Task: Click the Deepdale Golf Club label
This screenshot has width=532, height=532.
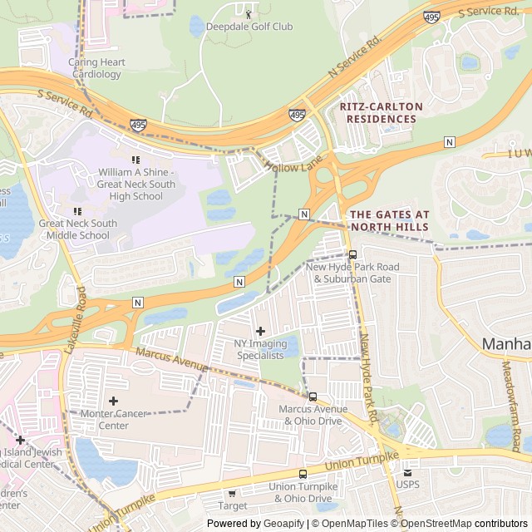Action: click(249, 27)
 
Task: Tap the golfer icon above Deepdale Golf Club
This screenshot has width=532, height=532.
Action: click(249, 13)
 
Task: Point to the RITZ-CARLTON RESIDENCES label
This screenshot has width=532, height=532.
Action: click(381, 113)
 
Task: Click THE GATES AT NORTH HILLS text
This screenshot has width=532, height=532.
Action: click(389, 221)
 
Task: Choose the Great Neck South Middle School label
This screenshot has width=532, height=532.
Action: click(78, 229)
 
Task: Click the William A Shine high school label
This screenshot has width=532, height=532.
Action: click(136, 184)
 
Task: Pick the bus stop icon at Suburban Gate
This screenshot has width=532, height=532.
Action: click(352, 254)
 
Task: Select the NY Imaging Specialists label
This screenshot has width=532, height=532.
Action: click(260, 349)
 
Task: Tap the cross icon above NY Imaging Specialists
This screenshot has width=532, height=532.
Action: click(260, 332)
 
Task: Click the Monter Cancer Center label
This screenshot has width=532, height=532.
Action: click(114, 420)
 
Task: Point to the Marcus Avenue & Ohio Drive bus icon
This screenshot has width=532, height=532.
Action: click(313, 396)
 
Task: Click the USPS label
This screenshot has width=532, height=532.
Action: click(407, 485)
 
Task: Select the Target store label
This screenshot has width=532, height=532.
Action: click(233, 505)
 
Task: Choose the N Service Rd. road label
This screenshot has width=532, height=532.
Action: click(354, 56)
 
